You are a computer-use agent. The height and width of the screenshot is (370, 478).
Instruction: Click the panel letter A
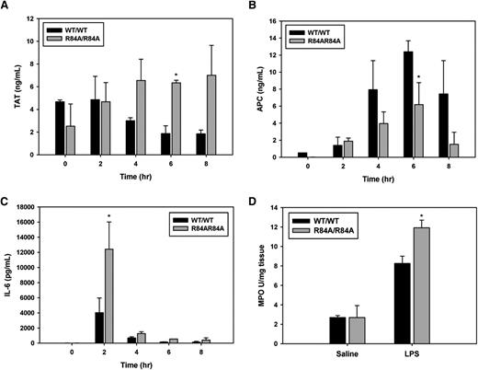tap(6, 7)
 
